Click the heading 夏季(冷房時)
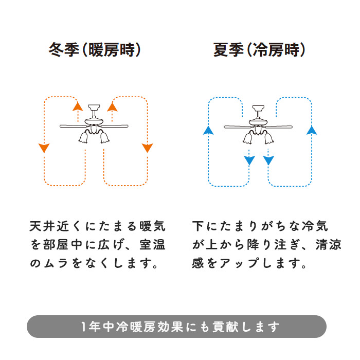(x=260, y=50)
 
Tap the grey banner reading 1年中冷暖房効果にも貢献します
(x=176, y=327)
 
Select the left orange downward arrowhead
(x=44, y=148)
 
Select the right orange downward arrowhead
(x=148, y=148)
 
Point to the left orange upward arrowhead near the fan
(x=78, y=106)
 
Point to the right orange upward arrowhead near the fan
(x=112, y=106)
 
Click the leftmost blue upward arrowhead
(x=208, y=130)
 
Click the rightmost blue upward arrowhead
(x=311, y=130)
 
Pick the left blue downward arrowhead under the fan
(x=249, y=161)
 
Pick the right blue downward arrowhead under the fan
(x=268, y=161)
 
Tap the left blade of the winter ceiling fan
(x=72, y=125)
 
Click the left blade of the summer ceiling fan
(x=236, y=127)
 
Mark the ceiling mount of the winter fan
(x=95, y=107)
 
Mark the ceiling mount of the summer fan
(x=259, y=109)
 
